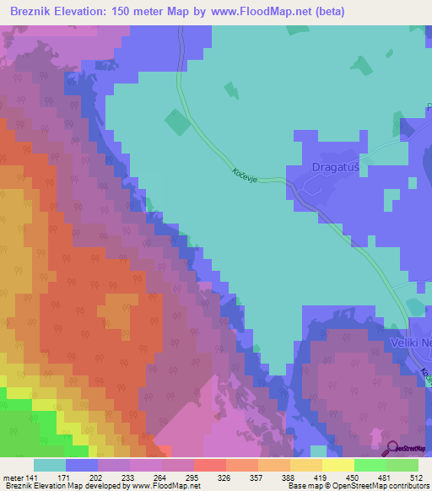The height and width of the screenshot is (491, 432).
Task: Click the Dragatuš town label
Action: pyautogui.click(x=337, y=167)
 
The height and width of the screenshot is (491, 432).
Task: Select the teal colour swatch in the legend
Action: pyautogui.click(x=49, y=466)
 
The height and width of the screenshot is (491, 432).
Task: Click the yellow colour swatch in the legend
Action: pyautogui.click(x=337, y=466)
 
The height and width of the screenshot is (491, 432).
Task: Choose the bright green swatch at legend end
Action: pyautogui.click(x=402, y=466)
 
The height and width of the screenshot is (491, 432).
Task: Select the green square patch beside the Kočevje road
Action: pyautogui.click(x=177, y=122)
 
